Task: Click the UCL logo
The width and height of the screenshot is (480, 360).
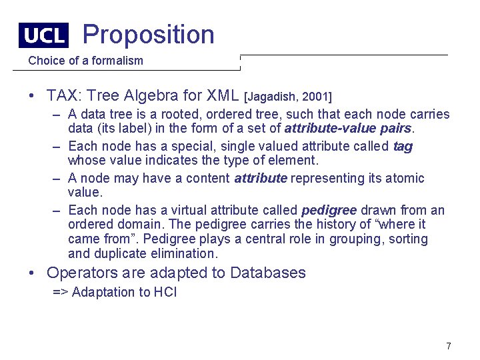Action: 44,35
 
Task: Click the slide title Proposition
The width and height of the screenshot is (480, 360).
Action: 148,34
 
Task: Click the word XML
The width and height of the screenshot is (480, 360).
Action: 225,95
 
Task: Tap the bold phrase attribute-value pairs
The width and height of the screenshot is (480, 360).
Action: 347,129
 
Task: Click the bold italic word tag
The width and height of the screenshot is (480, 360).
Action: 403,146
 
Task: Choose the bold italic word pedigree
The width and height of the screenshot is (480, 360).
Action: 329,210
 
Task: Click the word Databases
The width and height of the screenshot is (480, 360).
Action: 267,273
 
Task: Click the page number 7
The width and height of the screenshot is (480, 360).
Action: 449,346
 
